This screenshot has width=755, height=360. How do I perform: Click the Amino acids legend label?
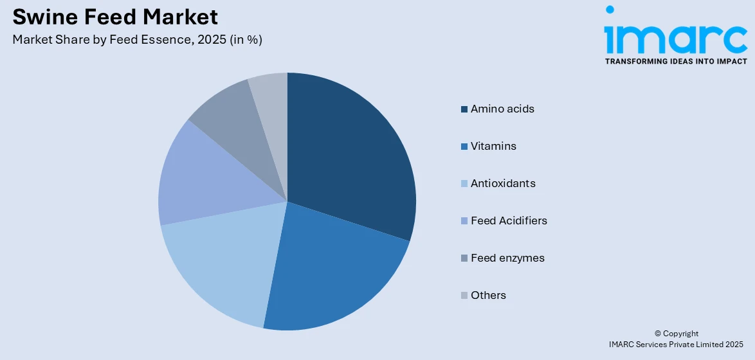pyautogui.click(x=502, y=109)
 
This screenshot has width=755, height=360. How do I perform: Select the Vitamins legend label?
pyautogui.click(x=493, y=147)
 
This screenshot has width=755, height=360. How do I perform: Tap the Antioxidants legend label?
pyautogui.click(x=503, y=184)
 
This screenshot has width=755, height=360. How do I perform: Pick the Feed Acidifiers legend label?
pyautogui.click(x=509, y=221)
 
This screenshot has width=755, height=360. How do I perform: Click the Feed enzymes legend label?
pyautogui.click(x=507, y=258)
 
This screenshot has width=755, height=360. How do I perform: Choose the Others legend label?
pyautogui.click(x=488, y=296)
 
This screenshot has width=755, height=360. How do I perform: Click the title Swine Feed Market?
pyautogui.click(x=115, y=16)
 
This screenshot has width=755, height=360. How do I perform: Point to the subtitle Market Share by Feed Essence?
pyautogui.click(x=137, y=39)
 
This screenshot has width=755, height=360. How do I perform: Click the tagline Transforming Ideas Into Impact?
pyautogui.click(x=676, y=62)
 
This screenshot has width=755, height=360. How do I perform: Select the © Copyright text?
pyautogui.click(x=676, y=334)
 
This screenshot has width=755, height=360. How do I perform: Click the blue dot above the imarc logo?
pyautogui.click(x=610, y=10)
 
